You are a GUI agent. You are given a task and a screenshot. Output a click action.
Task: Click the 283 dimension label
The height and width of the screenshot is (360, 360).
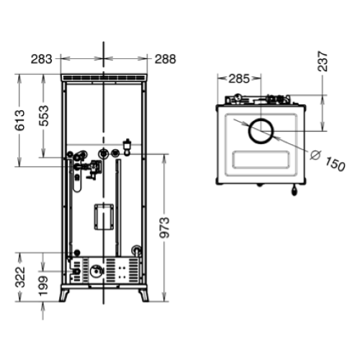click(41, 59)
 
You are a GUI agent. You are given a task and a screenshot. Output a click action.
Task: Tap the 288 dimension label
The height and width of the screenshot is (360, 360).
click(166, 59)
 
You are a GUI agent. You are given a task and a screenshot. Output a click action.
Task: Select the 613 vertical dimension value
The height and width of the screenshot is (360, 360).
click(19, 120)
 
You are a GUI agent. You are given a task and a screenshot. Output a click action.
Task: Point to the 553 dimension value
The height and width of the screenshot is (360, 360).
click(44, 116)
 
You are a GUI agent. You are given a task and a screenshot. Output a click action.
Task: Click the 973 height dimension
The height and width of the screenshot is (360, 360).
click(165, 228)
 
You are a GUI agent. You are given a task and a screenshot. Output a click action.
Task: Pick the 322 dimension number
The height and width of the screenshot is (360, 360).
click(20, 276)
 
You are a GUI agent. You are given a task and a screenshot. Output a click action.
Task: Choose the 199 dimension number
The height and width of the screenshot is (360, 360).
click(44, 286)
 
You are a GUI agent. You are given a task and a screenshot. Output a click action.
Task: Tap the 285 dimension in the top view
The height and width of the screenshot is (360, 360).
click(239, 78)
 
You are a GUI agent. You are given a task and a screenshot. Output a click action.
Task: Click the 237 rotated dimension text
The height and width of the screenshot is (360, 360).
click(323, 61)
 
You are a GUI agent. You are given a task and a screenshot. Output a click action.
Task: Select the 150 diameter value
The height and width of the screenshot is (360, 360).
click(336, 164)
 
